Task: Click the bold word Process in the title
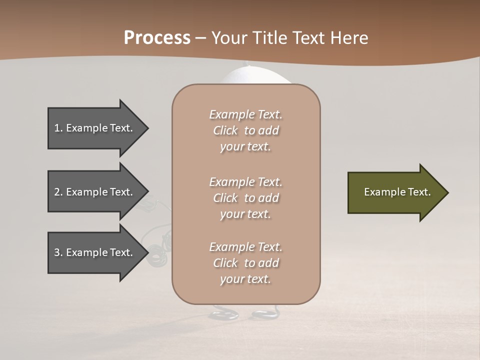coord(157,38)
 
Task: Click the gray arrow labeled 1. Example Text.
coord(95,128)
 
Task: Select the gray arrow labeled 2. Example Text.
coord(95,192)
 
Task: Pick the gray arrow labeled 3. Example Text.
coord(95,252)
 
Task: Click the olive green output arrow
coord(395,192)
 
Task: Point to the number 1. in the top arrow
coord(58,128)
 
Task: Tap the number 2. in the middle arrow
coord(58,192)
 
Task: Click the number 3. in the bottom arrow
coord(58,252)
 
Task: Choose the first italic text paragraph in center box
coord(245,130)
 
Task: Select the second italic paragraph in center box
coord(245,198)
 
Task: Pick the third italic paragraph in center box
coord(245,263)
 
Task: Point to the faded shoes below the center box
coord(245,313)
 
